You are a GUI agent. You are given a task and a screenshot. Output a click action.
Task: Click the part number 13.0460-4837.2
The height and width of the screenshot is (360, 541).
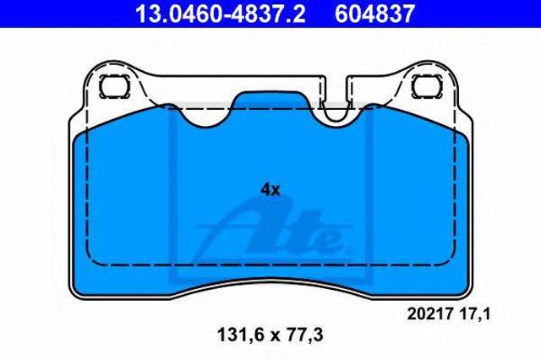[x=221, y=14]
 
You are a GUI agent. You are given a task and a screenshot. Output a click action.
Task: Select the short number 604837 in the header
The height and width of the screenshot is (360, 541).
[x=374, y=14]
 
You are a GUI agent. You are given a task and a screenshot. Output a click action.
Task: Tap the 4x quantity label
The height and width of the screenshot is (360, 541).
[x=270, y=189]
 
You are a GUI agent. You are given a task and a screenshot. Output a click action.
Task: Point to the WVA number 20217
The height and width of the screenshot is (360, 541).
[x=429, y=314]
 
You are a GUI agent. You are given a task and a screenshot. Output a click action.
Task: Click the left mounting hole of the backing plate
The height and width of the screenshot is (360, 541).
[x=115, y=86]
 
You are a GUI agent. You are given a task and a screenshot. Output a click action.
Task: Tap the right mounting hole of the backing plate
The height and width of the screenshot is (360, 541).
[x=427, y=86]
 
